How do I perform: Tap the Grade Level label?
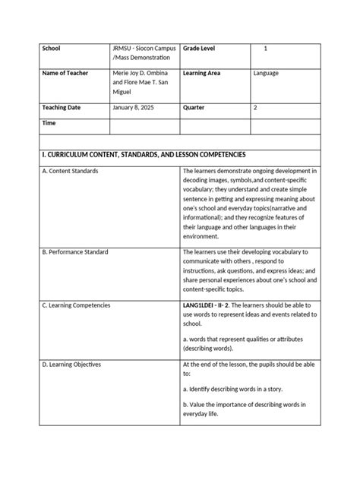pyautogui.click(x=199, y=49)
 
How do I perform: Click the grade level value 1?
pyautogui.click(x=266, y=49)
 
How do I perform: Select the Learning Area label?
pyautogui.click(x=201, y=73)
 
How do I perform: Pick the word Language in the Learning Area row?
pyautogui.click(x=266, y=73)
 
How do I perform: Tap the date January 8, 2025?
pyautogui.click(x=134, y=108)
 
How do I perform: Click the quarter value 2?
pyautogui.click(x=255, y=108)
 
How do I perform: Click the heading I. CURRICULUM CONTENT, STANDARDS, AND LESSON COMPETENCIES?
pyautogui.click(x=149, y=155)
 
